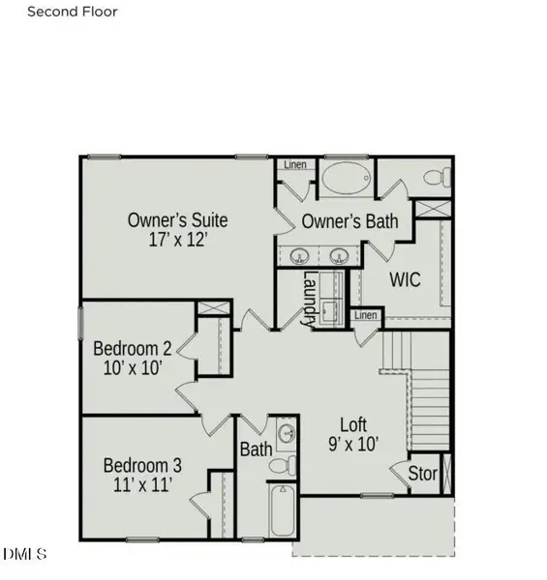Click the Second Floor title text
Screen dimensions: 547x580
click(73, 12)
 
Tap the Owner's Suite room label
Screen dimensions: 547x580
click(178, 220)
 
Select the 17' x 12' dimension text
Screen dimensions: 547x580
click(177, 240)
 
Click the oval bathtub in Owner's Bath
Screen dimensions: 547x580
click(347, 178)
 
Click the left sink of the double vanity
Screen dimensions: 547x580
click(299, 255)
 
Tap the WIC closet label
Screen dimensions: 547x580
click(405, 279)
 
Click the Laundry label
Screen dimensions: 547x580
click(310, 299)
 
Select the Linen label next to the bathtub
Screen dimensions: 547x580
click(295, 164)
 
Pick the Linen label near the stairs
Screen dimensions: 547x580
click(366, 315)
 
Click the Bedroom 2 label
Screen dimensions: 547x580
click(133, 348)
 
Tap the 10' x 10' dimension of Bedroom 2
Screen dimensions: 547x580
click(133, 368)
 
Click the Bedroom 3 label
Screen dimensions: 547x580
click(142, 465)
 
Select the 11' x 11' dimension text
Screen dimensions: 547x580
click(142, 484)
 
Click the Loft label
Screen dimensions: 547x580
click(353, 424)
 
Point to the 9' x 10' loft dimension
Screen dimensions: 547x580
click(353, 444)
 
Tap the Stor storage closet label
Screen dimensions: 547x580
click(422, 473)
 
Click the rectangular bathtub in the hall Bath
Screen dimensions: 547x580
click(283, 510)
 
